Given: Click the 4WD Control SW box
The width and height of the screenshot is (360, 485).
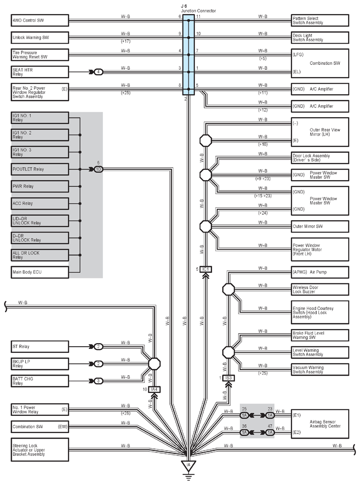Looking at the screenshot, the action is click(x=40, y=20).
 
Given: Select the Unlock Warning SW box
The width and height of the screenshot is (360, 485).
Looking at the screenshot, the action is click(x=40, y=38).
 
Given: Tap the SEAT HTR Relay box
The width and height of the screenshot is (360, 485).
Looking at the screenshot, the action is click(x=40, y=72).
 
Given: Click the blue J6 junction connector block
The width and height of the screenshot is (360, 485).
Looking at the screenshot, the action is click(x=188, y=55).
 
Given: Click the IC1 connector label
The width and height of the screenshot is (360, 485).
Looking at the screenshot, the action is click(x=206, y=270).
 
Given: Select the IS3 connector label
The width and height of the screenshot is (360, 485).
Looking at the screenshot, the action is click(x=228, y=378).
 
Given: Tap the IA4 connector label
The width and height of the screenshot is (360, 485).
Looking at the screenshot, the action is click(x=154, y=389).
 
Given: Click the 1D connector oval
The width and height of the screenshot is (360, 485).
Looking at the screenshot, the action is click(x=98, y=169).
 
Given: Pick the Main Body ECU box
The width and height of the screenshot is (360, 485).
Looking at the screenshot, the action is click(x=40, y=272).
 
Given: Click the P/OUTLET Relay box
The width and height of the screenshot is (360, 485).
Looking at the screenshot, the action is click(x=40, y=169).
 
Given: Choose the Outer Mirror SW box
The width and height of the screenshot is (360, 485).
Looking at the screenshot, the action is click(x=320, y=226).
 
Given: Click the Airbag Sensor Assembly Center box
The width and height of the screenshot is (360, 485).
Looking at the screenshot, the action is click(x=320, y=424).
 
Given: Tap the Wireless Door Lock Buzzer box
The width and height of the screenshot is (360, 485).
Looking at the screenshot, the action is click(x=320, y=289).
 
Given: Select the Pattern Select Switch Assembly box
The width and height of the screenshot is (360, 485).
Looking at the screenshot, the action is click(x=320, y=20).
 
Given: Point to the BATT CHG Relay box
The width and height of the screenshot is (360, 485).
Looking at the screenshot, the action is click(x=40, y=381).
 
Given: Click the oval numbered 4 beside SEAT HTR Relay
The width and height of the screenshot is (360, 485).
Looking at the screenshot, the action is click(x=98, y=72).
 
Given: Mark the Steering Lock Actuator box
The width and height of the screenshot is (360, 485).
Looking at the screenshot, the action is click(x=40, y=450).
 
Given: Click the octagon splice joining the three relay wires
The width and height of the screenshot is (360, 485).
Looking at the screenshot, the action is click(x=154, y=364).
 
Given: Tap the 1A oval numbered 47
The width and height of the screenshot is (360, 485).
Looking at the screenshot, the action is click(x=270, y=433).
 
